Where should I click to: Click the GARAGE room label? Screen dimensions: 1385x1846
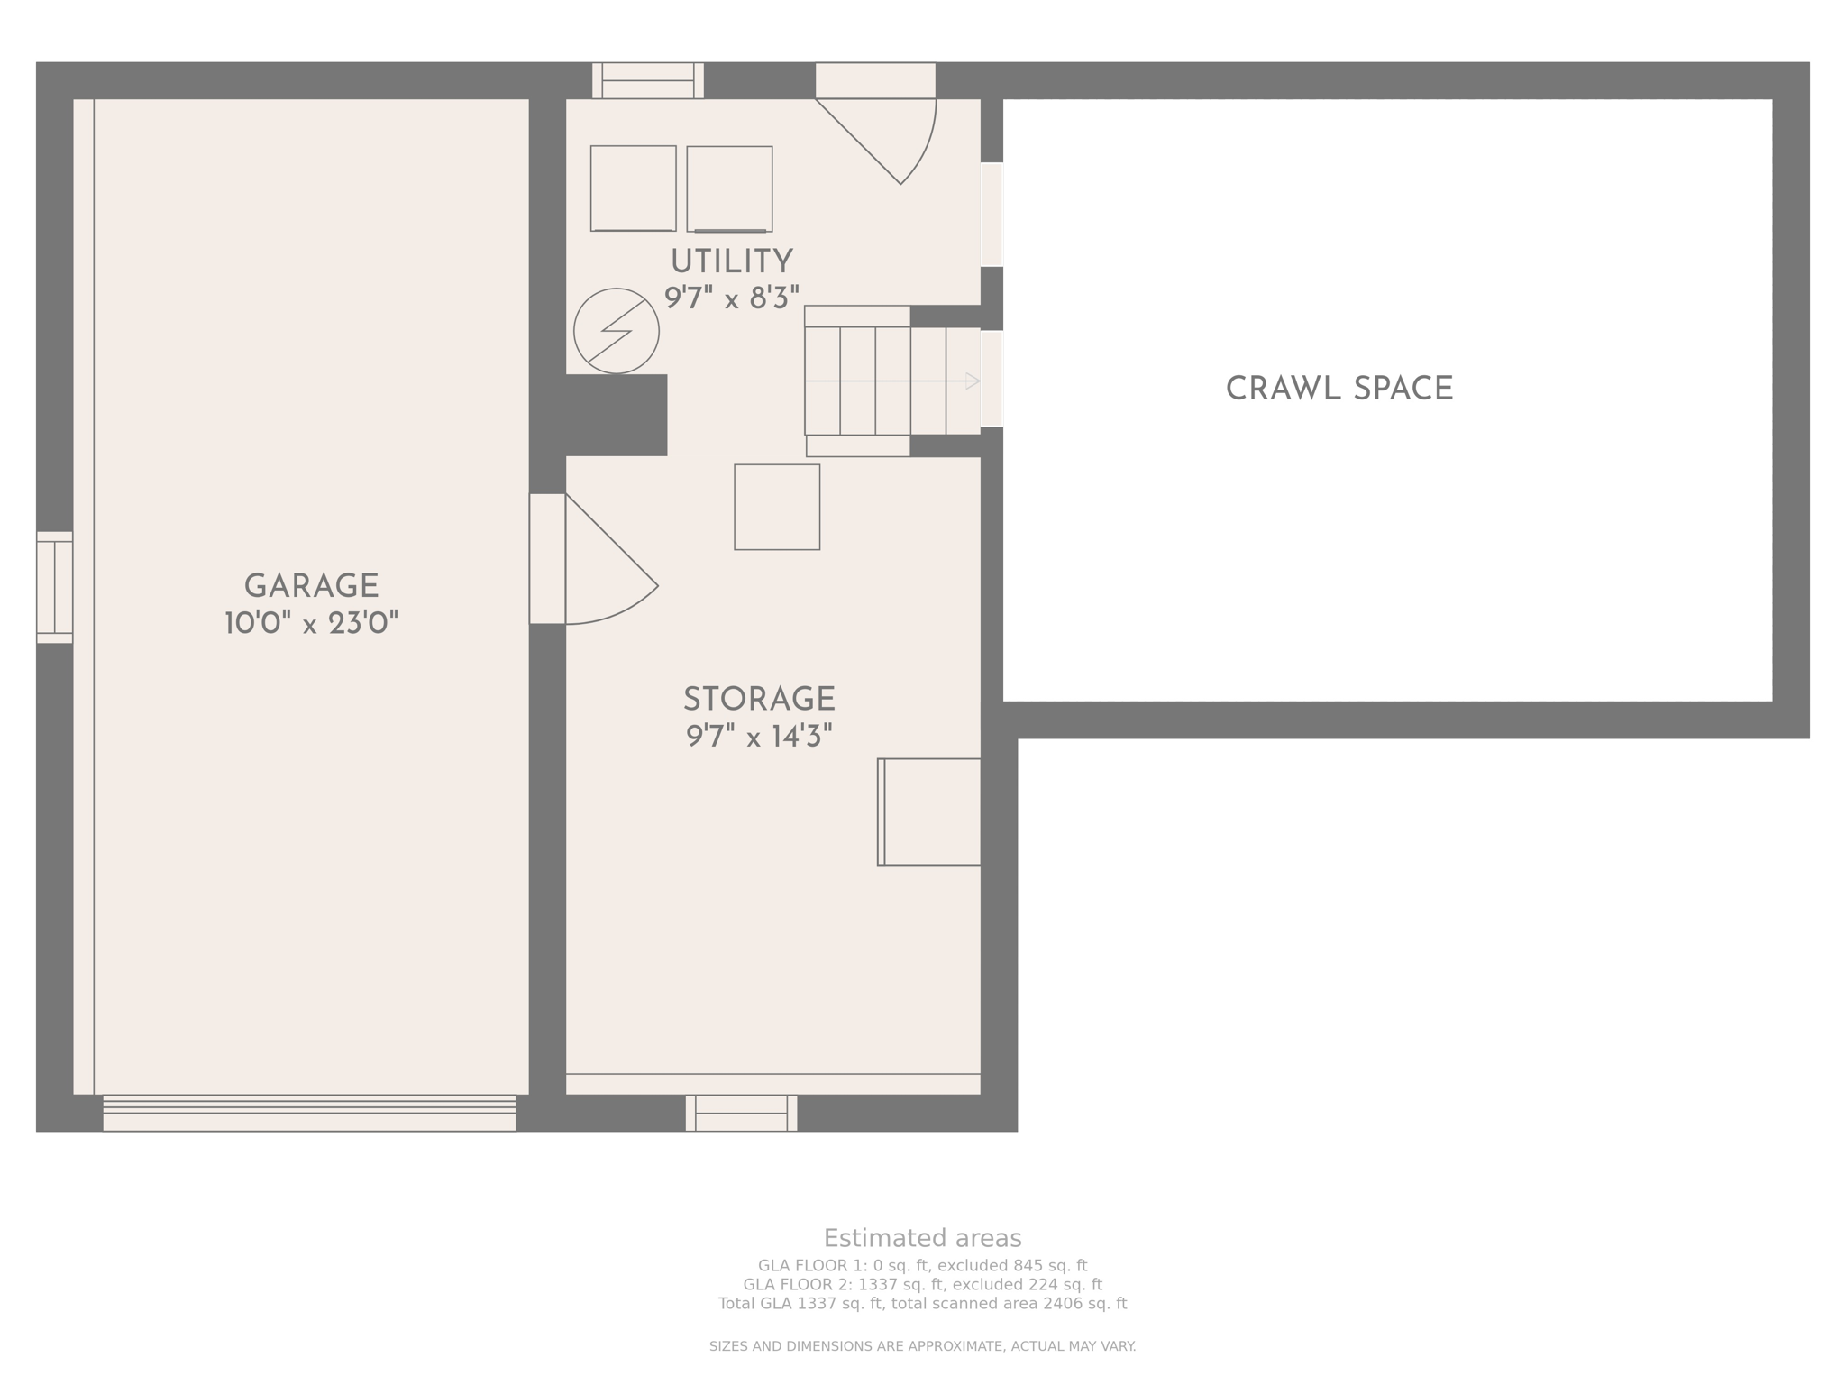click(311, 586)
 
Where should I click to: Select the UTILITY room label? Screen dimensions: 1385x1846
click(731, 261)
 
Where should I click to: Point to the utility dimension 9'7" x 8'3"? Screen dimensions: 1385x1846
click(731, 298)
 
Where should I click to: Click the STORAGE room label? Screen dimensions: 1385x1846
click(759, 700)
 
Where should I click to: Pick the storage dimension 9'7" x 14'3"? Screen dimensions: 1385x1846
click(759, 737)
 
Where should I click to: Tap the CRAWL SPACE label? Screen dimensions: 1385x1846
click(1339, 389)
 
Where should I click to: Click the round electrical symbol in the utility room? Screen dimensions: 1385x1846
click(617, 331)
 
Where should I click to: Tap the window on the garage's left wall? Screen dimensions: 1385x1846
click(54, 587)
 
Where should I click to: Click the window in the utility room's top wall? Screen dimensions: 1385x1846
click(647, 80)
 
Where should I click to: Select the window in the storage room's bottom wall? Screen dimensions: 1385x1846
click(741, 1113)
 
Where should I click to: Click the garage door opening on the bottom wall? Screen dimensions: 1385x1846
click(309, 1114)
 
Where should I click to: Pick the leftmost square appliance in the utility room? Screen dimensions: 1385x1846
click(633, 188)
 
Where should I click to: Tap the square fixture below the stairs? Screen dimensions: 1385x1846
click(777, 507)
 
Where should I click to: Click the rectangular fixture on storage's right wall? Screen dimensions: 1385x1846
click(929, 812)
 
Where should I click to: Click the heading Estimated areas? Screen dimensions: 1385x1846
click(922, 1238)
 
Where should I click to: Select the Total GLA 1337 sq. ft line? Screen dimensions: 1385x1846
click(922, 1304)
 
